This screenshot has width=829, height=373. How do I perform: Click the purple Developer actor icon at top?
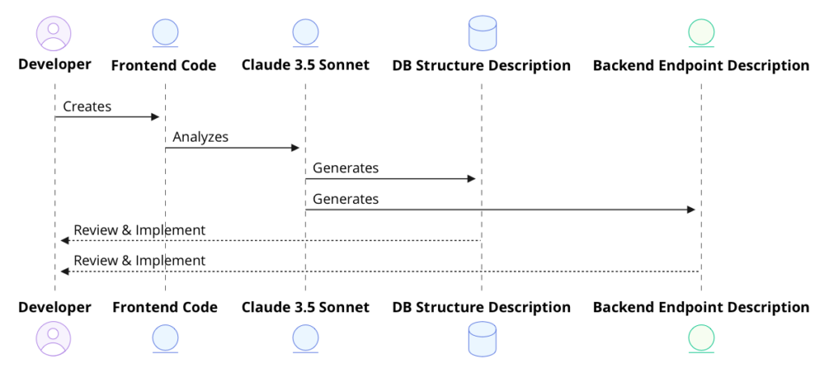(54, 32)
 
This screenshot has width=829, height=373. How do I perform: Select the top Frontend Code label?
(164, 66)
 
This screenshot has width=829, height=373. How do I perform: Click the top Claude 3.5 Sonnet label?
(305, 65)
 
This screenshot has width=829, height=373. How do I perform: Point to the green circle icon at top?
(701, 32)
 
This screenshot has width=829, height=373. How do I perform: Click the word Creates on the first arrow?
(87, 106)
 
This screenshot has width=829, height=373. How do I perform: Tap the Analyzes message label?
(200, 137)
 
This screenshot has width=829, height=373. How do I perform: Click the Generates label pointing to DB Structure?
(346, 168)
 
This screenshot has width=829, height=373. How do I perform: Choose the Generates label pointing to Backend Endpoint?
(346, 198)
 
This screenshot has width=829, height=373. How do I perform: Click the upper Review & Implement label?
(139, 230)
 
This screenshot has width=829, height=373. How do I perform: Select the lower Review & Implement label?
(139, 261)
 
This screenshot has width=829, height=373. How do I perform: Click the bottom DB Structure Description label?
(482, 307)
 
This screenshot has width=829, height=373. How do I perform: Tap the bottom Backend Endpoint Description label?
(701, 307)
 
